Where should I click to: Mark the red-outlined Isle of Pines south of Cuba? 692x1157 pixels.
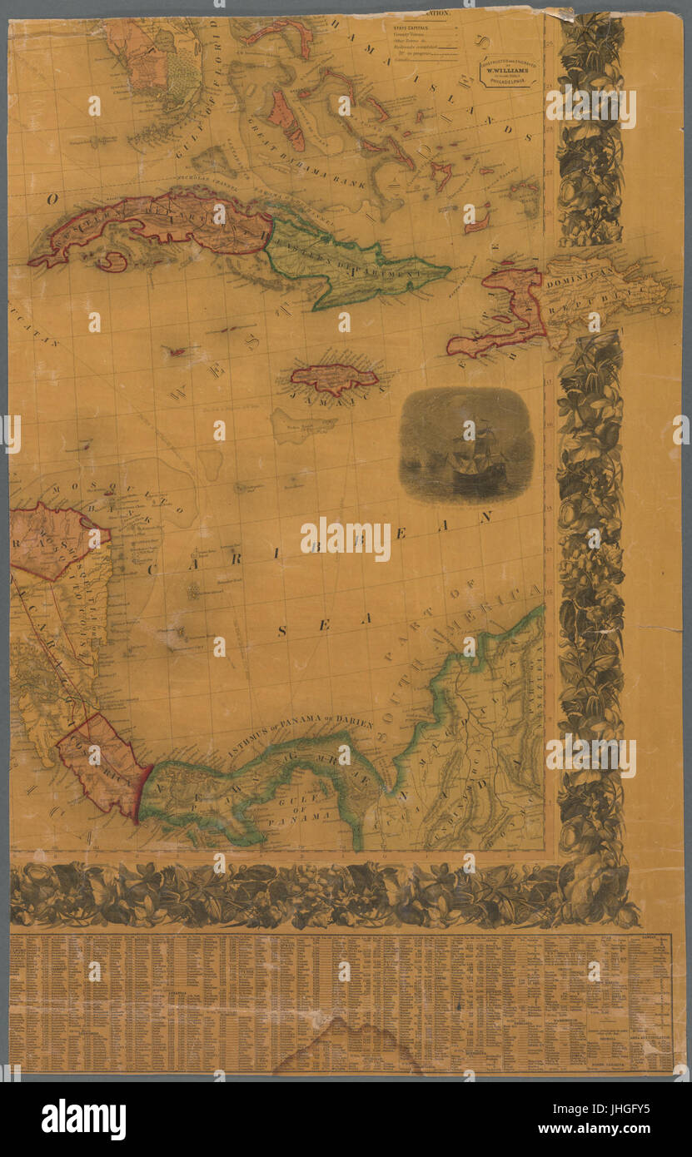(112, 262)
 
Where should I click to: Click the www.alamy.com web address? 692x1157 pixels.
(598, 1129)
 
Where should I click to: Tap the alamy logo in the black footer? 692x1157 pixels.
(83, 1118)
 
